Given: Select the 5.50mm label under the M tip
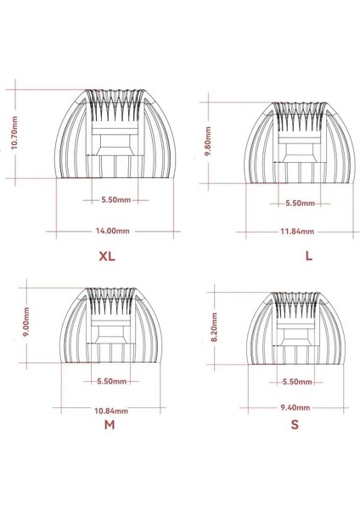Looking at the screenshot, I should pos(111,381).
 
